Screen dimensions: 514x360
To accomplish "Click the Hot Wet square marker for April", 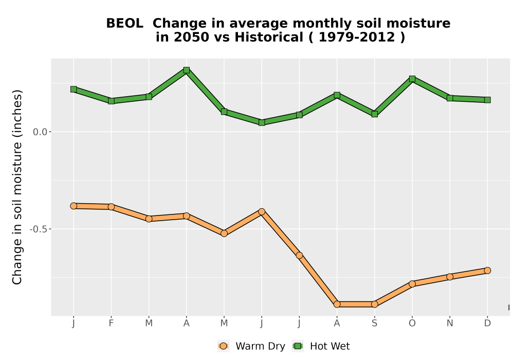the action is tap(187, 70).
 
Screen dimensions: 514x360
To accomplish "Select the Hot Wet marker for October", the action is tap(412, 79).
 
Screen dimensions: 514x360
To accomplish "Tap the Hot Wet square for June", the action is tap(262, 122).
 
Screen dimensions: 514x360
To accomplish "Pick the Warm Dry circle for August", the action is tap(337, 304).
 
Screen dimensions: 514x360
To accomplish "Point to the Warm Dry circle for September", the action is tap(374, 304).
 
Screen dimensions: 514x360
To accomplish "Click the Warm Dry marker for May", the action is tap(224, 233).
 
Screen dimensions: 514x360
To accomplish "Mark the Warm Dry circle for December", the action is tap(487, 271).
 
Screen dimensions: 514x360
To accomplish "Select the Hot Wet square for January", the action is tap(74, 89).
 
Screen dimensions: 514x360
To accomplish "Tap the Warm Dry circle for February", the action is tap(111, 207).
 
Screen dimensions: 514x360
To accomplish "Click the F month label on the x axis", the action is tap(111, 323).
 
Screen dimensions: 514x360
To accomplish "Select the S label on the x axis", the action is tap(374, 323).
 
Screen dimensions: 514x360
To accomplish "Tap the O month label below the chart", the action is tap(412, 323).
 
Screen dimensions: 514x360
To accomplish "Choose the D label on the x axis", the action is tap(487, 323).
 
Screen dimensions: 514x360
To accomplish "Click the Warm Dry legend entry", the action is tap(251, 346).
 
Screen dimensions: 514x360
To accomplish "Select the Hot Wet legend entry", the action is tap(321, 346).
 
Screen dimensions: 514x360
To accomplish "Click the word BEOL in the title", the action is tap(124, 24).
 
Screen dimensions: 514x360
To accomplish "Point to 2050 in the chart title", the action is tap(191, 38).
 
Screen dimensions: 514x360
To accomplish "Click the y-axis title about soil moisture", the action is tap(17, 187).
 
